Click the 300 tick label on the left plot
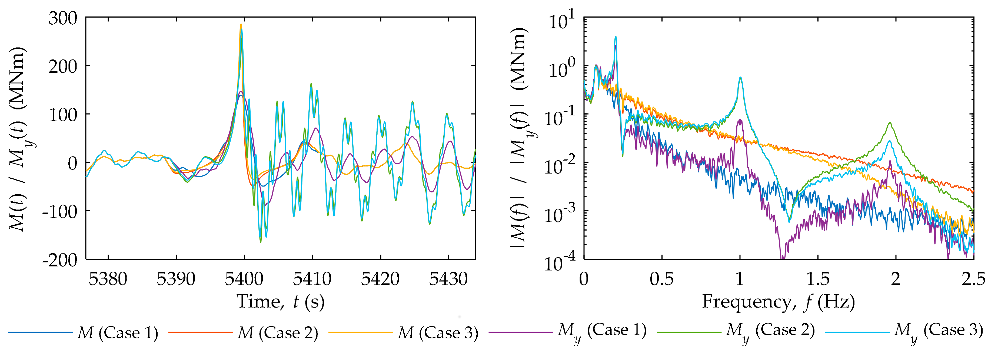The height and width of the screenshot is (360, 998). pos(63,18)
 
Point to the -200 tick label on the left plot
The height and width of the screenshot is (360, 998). pos(60,260)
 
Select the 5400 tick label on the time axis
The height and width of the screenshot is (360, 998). pos(244,279)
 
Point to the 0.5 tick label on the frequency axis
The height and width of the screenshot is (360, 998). pos(661,279)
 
